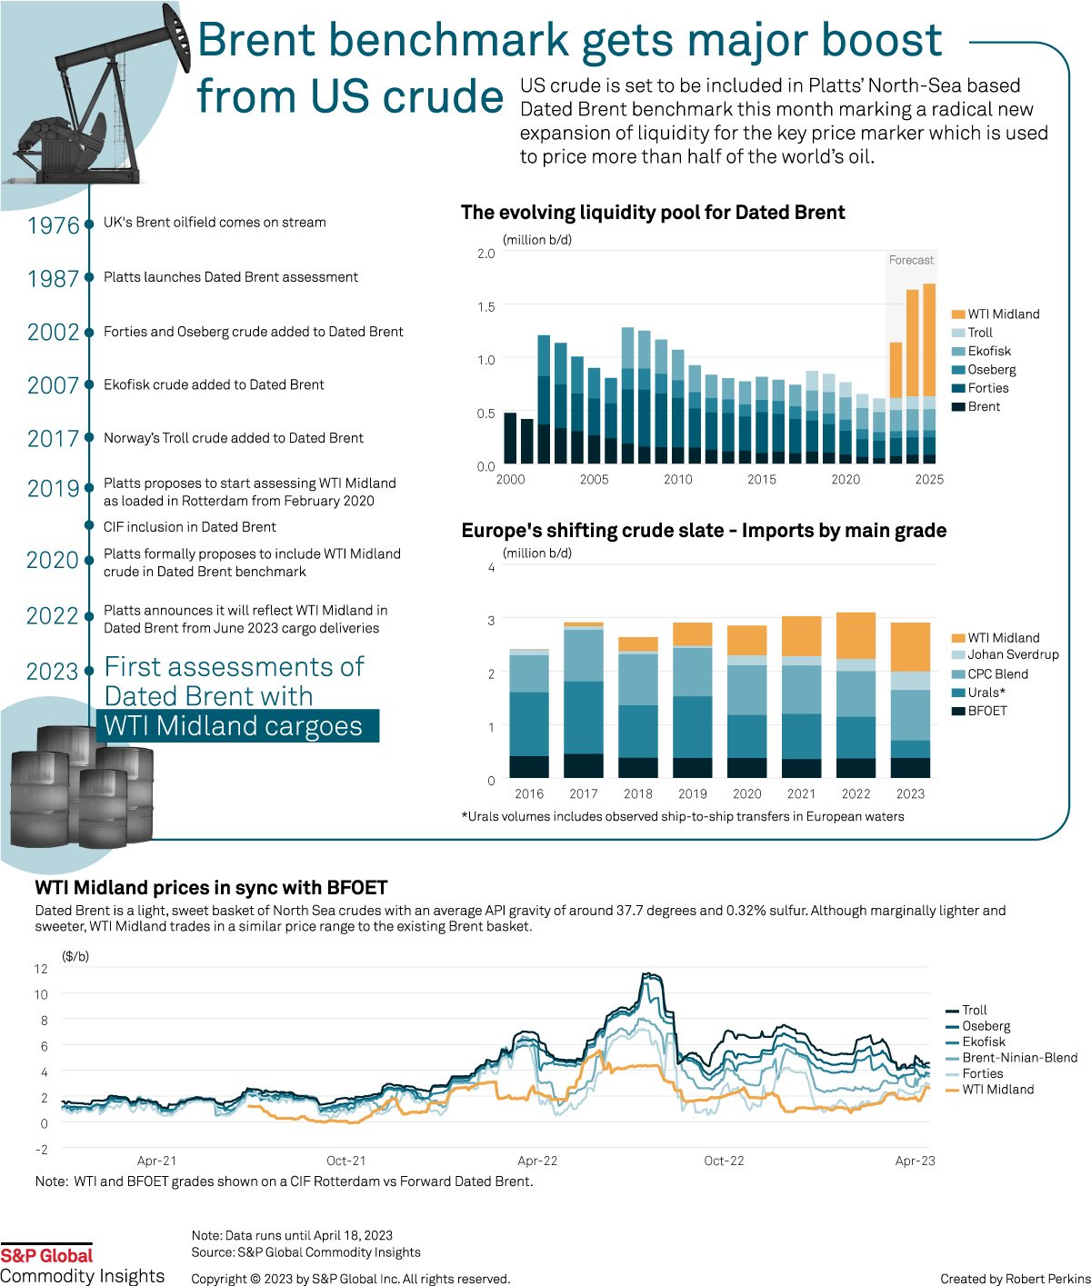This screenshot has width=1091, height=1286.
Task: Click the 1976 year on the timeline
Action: (x=54, y=225)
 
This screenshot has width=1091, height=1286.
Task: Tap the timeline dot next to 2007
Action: (x=89, y=385)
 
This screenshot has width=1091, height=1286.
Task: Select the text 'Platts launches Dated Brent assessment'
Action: (x=231, y=277)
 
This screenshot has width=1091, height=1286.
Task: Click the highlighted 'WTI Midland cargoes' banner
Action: (x=237, y=726)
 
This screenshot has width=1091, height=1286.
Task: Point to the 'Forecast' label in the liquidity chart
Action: (x=911, y=260)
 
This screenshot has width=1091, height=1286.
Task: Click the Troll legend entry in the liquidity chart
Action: (x=980, y=333)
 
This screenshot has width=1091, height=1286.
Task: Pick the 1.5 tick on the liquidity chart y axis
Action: (x=486, y=307)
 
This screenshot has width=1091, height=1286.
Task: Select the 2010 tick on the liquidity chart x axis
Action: (x=678, y=480)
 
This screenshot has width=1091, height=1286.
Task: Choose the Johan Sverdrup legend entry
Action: (x=1013, y=654)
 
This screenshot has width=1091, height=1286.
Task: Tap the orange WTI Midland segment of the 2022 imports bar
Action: (x=856, y=635)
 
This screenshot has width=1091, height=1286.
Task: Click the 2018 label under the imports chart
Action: (x=638, y=793)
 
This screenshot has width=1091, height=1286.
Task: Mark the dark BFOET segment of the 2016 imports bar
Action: (x=529, y=767)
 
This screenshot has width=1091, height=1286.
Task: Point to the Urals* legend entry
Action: (x=986, y=693)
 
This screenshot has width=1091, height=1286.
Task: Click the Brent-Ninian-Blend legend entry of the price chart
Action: (x=1019, y=1058)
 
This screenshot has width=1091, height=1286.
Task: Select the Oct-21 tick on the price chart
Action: (x=346, y=1161)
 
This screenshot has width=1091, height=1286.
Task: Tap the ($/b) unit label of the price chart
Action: (x=75, y=956)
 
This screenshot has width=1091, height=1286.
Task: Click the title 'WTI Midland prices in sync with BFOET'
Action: (x=211, y=888)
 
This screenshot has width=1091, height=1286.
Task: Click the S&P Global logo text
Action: (x=46, y=1256)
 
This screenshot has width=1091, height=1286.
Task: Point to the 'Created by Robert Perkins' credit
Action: (x=1015, y=1279)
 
